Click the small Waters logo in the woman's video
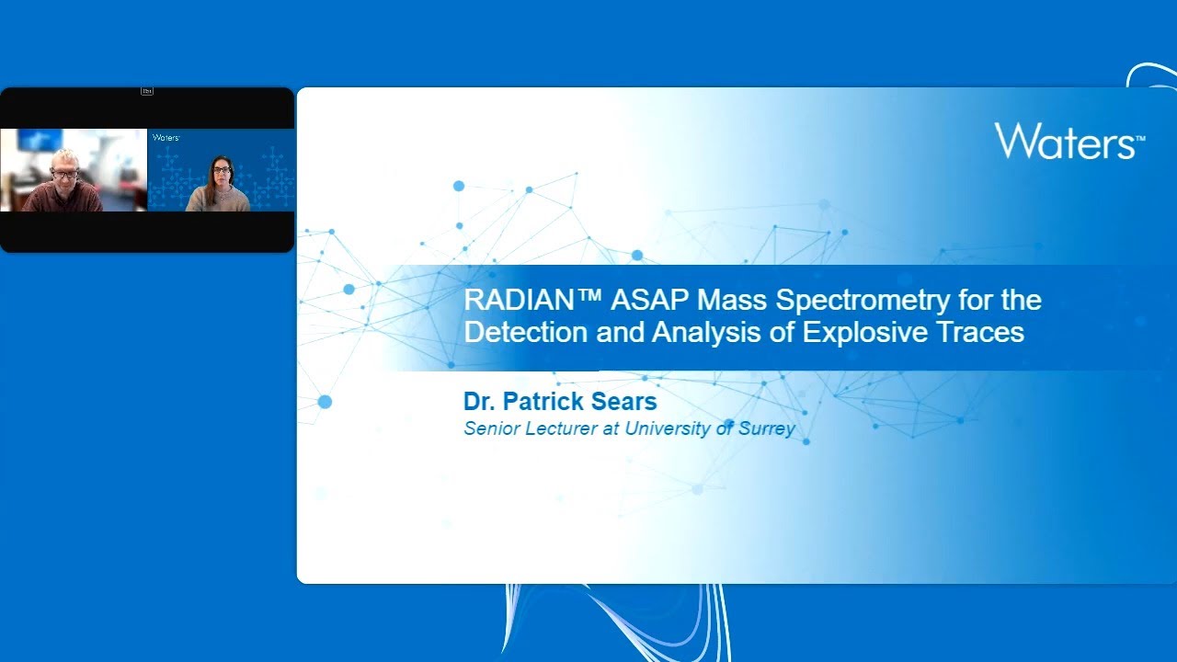pyautogui.click(x=166, y=138)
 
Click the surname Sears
pyautogui.click(x=622, y=402)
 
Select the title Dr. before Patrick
pyautogui.click(x=480, y=402)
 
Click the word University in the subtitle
pyautogui.click(x=668, y=428)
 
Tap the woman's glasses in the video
pyautogui.click(x=222, y=170)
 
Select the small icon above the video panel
pyautogui.click(x=147, y=91)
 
